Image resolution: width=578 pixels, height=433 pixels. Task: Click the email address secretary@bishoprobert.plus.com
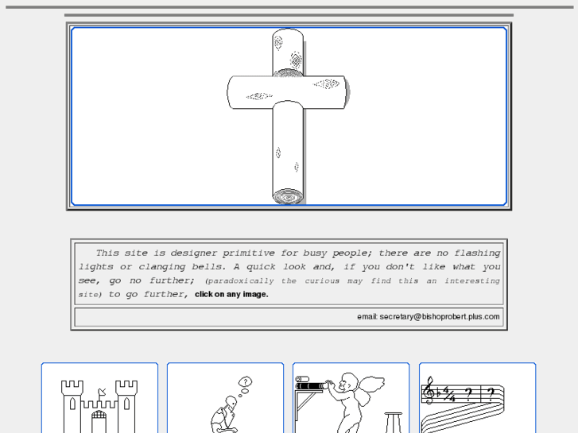(440, 317)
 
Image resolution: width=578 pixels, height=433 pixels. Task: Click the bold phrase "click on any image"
(231, 295)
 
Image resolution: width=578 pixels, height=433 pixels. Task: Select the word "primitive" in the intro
(248, 253)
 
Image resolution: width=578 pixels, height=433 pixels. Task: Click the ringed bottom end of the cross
(288, 196)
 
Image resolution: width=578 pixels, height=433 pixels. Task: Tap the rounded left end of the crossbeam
(231, 92)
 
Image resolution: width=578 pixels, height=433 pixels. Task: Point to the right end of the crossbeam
(346, 92)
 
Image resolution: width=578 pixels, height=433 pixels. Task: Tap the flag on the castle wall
(102, 392)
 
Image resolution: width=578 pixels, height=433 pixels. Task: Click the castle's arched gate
(99, 422)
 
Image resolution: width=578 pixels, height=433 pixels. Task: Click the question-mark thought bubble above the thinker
(246, 382)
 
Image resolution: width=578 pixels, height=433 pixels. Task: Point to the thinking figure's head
(231, 402)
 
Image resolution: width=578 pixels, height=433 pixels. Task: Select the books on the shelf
(311, 383)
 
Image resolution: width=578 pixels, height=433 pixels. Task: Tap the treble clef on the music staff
(429, 391)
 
